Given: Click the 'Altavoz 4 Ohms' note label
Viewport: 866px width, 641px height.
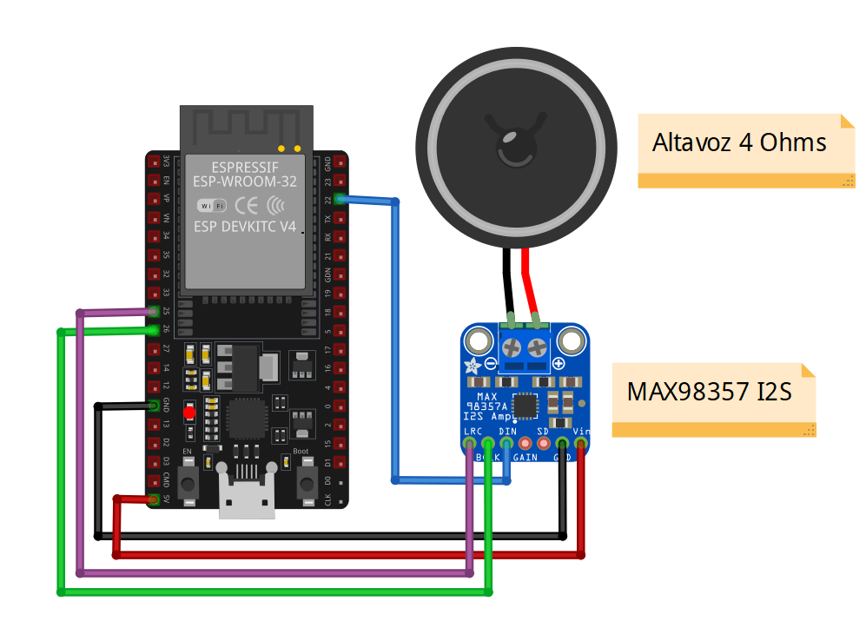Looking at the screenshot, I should [x=739, y=142].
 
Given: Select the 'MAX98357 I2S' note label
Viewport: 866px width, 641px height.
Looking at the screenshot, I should [x=709, y=392].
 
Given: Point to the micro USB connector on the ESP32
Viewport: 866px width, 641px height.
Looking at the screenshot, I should [x=247, y=497].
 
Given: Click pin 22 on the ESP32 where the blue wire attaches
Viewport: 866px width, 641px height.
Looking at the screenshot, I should [x=337, y=200].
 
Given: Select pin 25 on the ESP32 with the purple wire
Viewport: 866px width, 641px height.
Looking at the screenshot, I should [x=155, y=310].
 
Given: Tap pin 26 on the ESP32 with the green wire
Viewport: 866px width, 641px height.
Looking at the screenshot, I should [x=155, y=329].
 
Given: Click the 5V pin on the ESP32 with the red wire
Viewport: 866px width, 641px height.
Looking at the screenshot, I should [x=155, y=499].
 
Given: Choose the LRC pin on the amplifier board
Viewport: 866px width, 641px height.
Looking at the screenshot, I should [x=470, y=444].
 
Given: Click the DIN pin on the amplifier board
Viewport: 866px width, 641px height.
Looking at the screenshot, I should [x=506, y=444].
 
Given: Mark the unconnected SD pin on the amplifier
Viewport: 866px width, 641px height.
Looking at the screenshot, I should [x=544, y=444].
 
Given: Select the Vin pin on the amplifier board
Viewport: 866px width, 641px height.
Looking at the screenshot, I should [x=580, y=444].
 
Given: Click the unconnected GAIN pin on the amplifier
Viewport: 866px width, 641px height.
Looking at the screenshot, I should [x=525, y=444].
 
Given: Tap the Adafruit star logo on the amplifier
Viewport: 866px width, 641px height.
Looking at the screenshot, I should [x=473, y=365].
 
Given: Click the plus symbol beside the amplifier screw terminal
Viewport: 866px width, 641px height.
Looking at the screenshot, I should [x=558, y=363].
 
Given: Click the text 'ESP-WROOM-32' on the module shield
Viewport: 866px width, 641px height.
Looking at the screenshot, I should [x=247, y=183].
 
